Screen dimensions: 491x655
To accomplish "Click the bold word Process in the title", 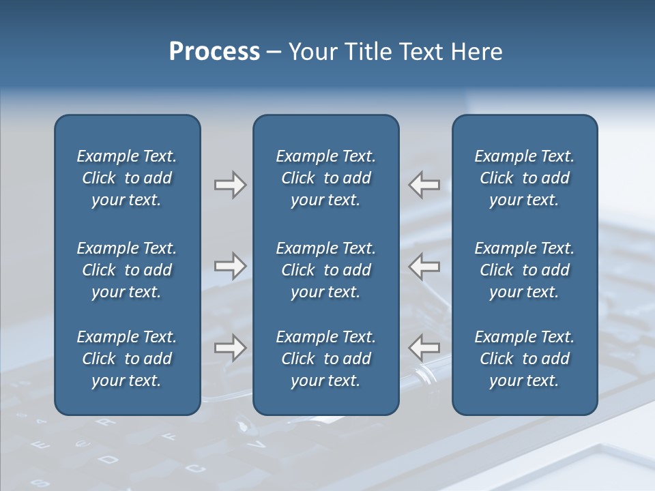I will tap(214, 52).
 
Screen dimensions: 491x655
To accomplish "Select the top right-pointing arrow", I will tap(230, 185).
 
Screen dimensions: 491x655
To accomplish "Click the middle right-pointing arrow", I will tap(230, 266).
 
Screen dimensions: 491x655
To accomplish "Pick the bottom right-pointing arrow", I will tap(230, 347).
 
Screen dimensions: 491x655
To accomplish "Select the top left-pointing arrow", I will tap(424, 185).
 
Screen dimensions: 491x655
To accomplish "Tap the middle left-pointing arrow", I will tap(424, 266).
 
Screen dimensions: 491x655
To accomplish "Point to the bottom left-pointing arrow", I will tap(424, 347).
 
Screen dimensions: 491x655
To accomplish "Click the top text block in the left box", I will tap(127, 178).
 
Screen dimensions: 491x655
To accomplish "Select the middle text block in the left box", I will tap(127, 270).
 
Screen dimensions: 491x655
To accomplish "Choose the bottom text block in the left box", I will tap(127, 359).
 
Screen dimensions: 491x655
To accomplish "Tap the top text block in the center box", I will tap(325, 178).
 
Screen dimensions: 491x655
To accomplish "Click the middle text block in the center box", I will tap(325, 270).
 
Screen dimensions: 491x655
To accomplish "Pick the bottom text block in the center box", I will tap(325, 359).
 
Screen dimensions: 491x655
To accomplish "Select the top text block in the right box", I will tap(524, 178).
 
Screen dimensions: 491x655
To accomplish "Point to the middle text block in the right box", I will tap(524, 270).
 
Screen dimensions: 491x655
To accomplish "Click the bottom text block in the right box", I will tap(524, 359).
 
